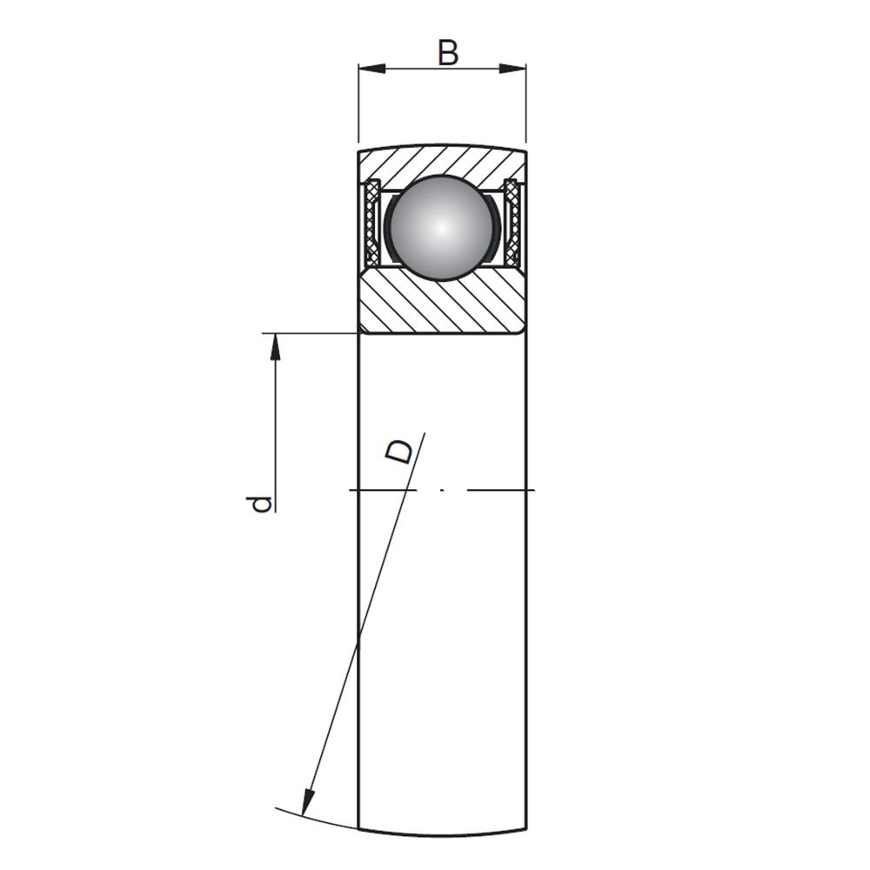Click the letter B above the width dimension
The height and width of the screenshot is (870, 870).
click(448, 53)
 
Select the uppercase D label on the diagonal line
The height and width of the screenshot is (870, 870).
click(400, 452)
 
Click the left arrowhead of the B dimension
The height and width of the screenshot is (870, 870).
click(371, 69)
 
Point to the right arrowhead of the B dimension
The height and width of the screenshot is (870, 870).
click(512, 69)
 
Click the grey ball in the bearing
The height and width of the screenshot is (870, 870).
click(442, 227)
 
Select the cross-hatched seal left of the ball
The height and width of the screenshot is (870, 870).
click(371, 222)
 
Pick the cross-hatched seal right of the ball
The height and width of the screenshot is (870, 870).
click(513, 222)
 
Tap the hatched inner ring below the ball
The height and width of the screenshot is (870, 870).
click(442, 303)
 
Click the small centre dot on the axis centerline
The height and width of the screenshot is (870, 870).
click(442, 490)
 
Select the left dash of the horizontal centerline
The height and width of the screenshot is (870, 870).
click(383, 490)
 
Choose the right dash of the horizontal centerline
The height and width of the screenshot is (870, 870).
click(501, 490)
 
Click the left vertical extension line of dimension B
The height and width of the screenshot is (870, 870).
click(358, 104)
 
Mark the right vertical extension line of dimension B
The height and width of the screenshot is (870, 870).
click(526, 104)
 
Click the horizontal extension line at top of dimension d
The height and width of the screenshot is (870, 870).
click(311, 333)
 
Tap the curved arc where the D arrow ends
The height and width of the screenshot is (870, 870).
click(317, 820)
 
